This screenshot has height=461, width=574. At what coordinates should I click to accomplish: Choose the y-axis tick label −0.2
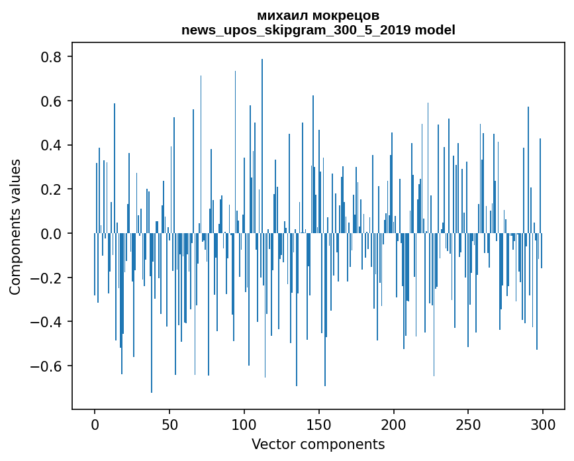coord(48,278)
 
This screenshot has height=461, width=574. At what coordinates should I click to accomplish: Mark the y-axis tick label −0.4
coord(48,322)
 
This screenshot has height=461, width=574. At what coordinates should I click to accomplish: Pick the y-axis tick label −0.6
coord(48,366)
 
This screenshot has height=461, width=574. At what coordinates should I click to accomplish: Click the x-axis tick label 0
coord(95,425)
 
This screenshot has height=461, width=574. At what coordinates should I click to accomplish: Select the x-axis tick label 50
coord(169,425)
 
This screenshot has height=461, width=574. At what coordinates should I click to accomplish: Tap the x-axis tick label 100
coord(244,425)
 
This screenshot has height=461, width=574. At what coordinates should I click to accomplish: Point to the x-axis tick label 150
coord(319,425)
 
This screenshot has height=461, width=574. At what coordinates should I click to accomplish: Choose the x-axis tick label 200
coord(394,425)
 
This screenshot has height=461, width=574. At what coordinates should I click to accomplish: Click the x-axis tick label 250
coord(469,425)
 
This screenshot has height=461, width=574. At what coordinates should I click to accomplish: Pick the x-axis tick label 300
coord(544,425)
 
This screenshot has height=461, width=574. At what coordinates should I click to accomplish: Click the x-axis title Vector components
coord(318,444)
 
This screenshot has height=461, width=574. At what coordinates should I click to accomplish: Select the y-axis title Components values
coord(15,227)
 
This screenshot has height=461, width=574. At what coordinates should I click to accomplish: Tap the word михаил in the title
coord(279,15)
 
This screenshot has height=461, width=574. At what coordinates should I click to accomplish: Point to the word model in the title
coord(436,30)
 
